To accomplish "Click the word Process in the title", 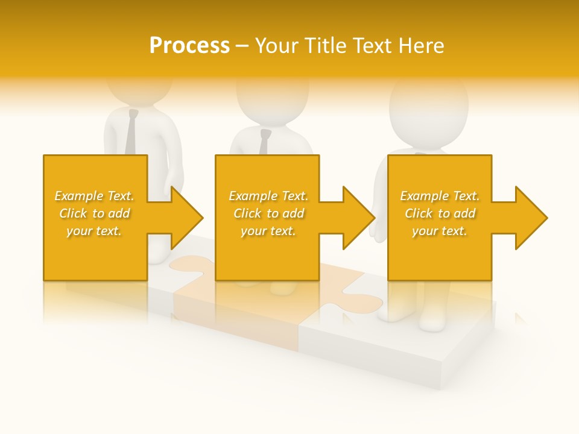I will click(x=189, y=46).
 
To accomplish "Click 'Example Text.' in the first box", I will click(x=94, y=196).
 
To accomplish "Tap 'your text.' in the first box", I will click(x=94, y=231).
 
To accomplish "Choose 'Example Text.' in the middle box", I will click(x=268, y=196).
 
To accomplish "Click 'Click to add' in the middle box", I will click(x=268, y=213).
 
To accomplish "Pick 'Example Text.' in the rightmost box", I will click(x=440, y=196).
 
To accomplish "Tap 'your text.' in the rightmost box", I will click(x=440, y=231).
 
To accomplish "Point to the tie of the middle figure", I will click(x=264, y=142).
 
